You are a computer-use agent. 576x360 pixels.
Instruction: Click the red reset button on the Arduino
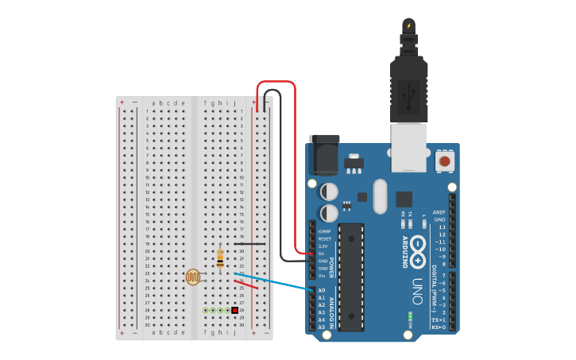[x=444, y=161]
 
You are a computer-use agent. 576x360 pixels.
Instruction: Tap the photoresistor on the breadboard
[x=193, y=277]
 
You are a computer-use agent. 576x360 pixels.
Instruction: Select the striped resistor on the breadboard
[x=219, y=258]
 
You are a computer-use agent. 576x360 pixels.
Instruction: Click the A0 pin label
[x=322, y=290]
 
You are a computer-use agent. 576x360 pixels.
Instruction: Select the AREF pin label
[x=439, y=212]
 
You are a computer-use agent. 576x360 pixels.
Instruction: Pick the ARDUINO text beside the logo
[x=404, y=251]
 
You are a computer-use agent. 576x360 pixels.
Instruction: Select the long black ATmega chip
[x=350, y=277]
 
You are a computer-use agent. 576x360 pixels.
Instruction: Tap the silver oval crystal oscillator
[x=379, y=195]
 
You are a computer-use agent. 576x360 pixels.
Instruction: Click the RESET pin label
[x=324, y=238]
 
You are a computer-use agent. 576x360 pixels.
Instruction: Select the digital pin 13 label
[x=442, y=227]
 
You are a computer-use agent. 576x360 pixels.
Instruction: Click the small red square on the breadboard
[x=234, y=310]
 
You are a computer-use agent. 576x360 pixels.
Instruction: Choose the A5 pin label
[x=322, y=327]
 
